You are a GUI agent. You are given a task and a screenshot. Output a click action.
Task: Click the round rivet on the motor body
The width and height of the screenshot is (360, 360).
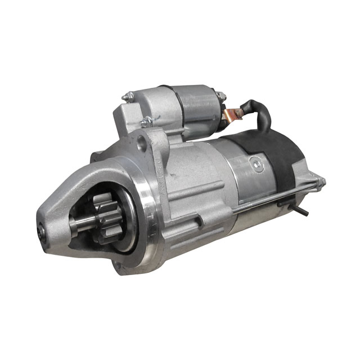(256, 164)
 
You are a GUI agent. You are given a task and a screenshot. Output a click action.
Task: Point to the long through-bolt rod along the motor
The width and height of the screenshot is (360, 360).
(270, 198)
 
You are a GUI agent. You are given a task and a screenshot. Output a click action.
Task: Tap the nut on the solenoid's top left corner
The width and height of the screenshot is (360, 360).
(128, 98)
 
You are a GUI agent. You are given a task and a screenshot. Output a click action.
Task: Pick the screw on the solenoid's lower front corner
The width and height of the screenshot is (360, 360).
(145, 121)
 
